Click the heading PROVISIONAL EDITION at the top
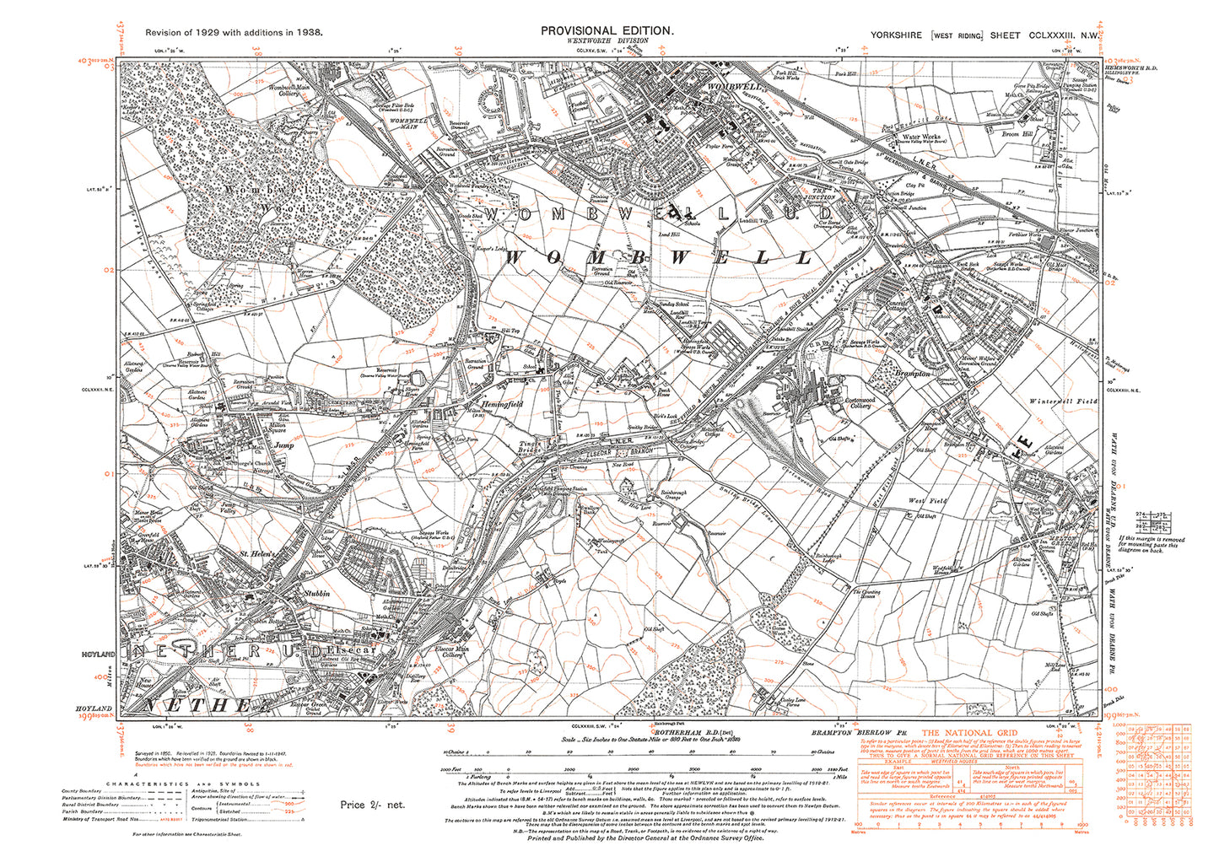click(607, 30)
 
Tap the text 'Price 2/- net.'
click(372, 805)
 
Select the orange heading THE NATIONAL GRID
click(968, 733)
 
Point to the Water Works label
click(921, 137)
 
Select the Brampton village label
click(913, 373)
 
